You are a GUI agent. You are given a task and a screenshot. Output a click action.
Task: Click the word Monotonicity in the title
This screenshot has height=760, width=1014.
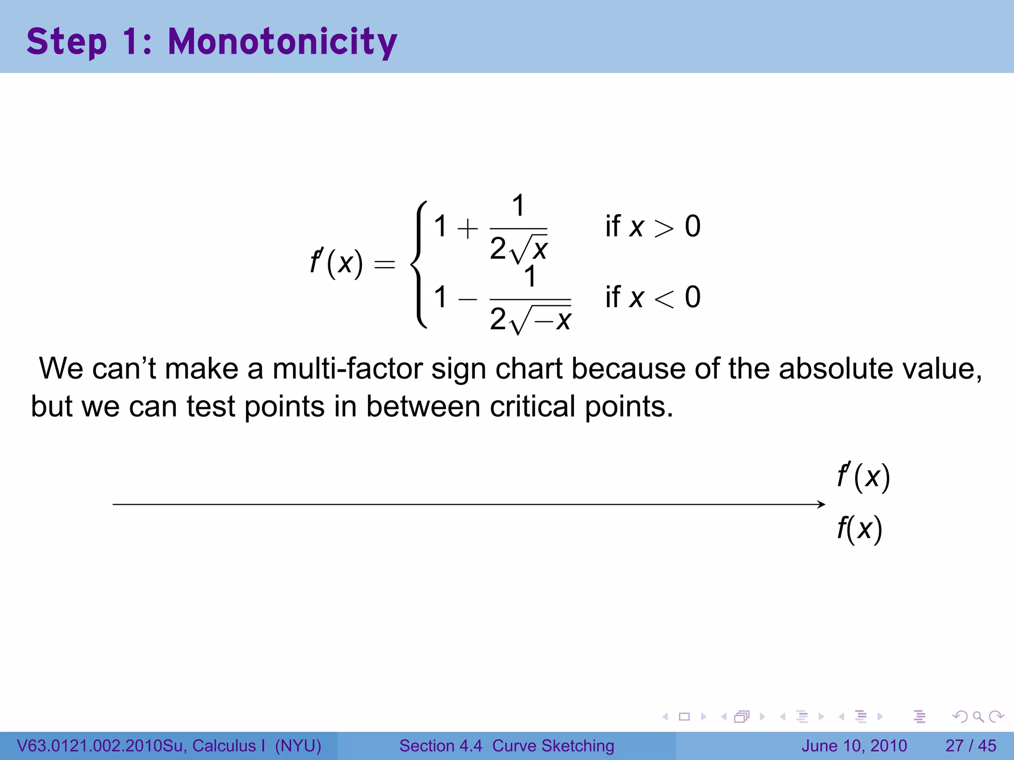pyautogui.click(x=282, y=42)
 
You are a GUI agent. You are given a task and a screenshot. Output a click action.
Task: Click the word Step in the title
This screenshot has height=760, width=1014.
pyautogui.click(x=66, y=42)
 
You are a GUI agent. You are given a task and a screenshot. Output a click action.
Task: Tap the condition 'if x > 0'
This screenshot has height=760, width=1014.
pyautogui.click(x=653, y=227)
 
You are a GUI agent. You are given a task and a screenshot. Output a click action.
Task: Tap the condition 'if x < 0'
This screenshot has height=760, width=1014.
pyautogui.click(x=653, y=297)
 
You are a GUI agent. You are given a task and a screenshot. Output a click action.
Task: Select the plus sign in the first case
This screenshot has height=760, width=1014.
pyautogui.click(x=467, y=229)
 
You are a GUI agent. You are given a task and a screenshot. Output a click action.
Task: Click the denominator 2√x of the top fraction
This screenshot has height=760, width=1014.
pyautogui.click(x=518, y=248)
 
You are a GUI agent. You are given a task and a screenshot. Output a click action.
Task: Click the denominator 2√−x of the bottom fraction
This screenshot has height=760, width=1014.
pyautogui.click(x=530, y=319)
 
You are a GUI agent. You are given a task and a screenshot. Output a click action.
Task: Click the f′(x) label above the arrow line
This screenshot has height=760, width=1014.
pyautogui.click(x=863, y=477)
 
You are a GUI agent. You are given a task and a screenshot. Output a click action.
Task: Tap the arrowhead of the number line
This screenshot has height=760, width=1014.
pyautogui.click(x=822, y=504)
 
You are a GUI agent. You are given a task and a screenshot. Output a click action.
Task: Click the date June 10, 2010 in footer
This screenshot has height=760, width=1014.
pyautogui.click(x=854, y=746)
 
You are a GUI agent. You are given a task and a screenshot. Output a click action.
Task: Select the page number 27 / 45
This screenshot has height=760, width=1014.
pyautogui.click(x=970, y=746)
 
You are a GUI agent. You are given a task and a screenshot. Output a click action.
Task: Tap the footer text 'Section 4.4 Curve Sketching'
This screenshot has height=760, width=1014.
pyautogui.click(x=507, y=746)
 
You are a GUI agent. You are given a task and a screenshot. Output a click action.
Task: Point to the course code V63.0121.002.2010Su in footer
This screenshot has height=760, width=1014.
pyautogui.click(x=101, y=746)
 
